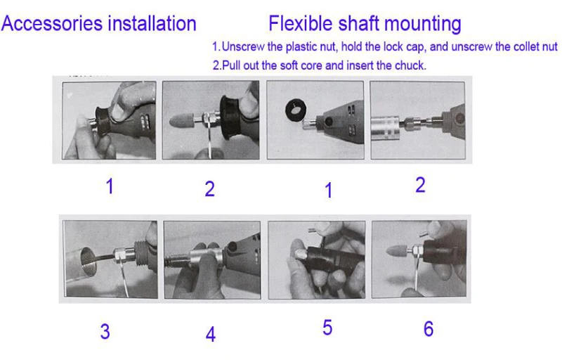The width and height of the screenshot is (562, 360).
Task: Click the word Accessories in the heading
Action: [x=52, y=24]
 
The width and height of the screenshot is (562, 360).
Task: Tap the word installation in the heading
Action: [x=152, y=24]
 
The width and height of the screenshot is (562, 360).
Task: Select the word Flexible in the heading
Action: [x=301, y=24]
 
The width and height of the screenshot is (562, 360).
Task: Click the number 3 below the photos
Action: [x=105, y=331]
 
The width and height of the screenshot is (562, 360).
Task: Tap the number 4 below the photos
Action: [x=211, y=334]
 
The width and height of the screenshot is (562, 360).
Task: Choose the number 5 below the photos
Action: [x=327, y=328]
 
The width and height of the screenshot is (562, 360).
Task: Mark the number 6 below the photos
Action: [x=429, y=329]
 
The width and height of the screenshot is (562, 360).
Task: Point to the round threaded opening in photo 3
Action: [x=89, y=261]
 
